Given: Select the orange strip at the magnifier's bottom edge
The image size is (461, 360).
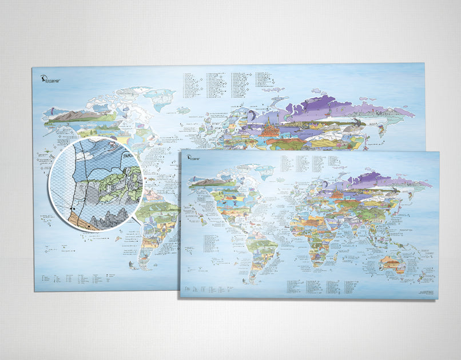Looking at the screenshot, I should (86, 223).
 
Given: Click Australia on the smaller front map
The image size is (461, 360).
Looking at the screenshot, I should (395, 263).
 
